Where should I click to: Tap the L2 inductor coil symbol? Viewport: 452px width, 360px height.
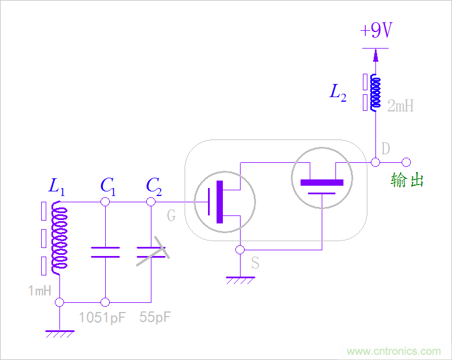pyautogui.click(x=375, y=92)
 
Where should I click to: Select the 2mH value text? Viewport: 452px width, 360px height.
pyautogui.click(x=400, y=106)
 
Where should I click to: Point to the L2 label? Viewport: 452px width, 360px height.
pyautogui.click(x=338, y=93)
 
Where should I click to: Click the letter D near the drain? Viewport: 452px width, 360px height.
pyautogui.click(x=386, y=149)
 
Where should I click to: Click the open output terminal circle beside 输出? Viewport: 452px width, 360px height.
pyautogui.click(x=406, y=162)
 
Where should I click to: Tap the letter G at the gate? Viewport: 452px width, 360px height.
pyautogui.click(x=171, y=215)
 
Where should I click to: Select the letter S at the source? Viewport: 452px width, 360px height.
pyautogui.click(x=255, y=263)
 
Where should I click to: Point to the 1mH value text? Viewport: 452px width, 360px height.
pyautogui.click(x=40, y=291)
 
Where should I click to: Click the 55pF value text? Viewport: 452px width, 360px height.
pyautogui.click(x=155, y=317)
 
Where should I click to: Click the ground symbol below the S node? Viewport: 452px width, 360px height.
pyautogui.click(x=240, y=280)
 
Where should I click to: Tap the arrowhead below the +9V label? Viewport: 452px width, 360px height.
pyautogui.click(x=375, y=55)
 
